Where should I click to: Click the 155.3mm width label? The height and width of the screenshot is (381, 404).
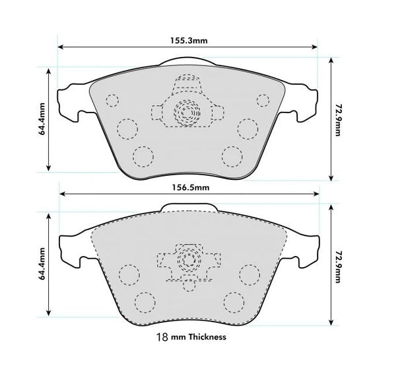189,40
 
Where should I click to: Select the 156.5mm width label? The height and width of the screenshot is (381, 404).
189,187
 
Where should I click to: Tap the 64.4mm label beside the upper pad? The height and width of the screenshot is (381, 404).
42,119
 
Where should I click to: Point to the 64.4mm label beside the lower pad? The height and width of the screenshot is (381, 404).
42,265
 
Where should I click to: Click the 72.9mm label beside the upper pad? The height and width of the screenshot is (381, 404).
338,119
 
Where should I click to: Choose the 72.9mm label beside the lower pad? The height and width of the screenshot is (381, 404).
338,265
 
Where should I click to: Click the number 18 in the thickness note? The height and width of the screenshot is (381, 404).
160,337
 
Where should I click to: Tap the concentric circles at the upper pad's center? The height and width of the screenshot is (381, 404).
187,114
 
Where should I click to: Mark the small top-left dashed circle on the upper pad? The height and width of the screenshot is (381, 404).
112,101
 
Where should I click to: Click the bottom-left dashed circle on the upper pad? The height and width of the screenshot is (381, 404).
142,156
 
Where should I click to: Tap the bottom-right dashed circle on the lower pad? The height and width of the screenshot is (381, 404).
233,302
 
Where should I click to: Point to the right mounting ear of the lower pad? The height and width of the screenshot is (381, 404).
303,251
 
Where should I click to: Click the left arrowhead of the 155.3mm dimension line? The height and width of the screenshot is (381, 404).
61,48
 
